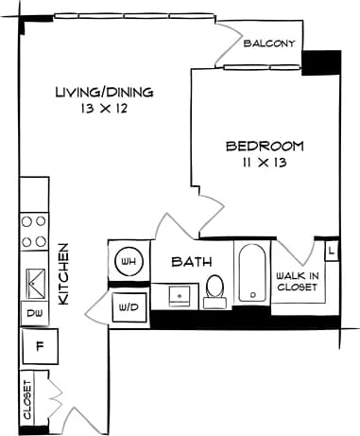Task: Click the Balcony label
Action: [x=270, y=44]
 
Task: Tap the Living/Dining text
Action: [x=104, y=92]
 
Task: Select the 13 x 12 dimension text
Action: [x=104, y=109]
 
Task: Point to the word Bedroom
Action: [x=265, y=146]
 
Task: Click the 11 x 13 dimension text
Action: [x=265, y=163]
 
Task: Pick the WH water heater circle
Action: [x=128, y=261]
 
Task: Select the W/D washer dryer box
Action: [x=128, y=306]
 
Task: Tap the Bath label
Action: [x=191, y=262]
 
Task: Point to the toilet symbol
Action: [x=215, y=288]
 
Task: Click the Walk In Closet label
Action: [x=297, y=282]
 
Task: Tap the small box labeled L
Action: [x=332, y=251]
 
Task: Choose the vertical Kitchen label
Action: [x=64, y=273]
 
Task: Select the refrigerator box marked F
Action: [x=40, y=344]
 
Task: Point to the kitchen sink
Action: [x=36, y=280]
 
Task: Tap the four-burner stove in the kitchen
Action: [x=35, y=232]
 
